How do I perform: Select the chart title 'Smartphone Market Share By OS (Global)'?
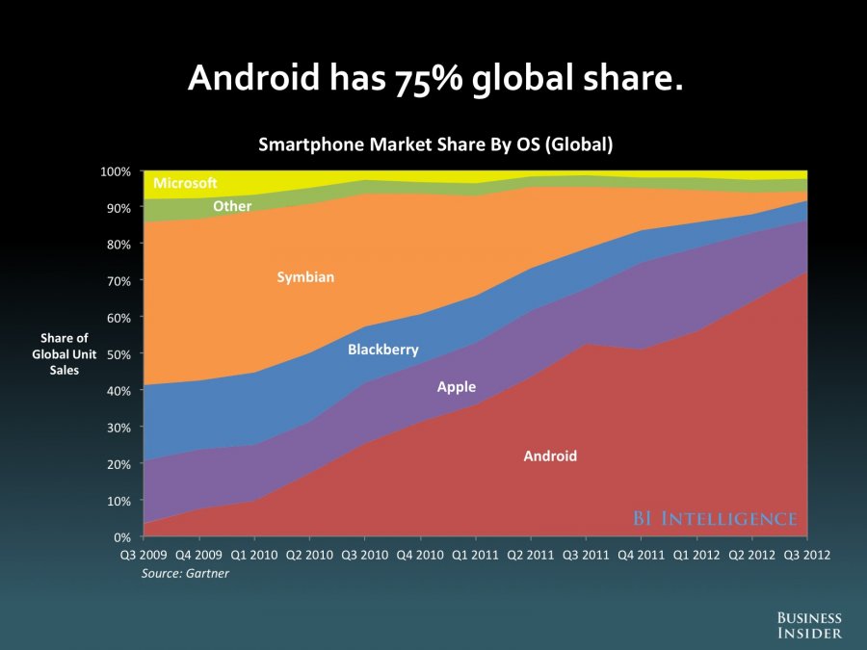pyautogui.click(x=435, y=145)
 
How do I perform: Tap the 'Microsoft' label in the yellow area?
pyautogui.click(x=185, y=183)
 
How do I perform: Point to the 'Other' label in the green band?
pyautogui.click(x=232, y=206)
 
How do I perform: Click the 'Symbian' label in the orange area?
pyautogui.click(x=305, y=277)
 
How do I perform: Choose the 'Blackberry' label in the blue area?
pyautogui.click(x=383, y=350)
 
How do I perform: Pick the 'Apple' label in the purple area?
pyautogui.click(x=457, y=387)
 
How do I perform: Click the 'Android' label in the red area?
pyautogui.click(x=550, y=456)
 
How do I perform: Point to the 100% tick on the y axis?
pyautogui.click(x=118, y=171)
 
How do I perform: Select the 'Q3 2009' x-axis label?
pyautogui.click(x=143, y=556)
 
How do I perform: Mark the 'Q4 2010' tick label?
pyautogui.click(x=420, y=556)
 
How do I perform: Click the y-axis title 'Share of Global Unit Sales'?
pyautogui.click(x=64, y=354)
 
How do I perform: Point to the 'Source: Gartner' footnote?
pyautogui.click(x=185, y=573)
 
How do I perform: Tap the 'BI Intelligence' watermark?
pyautogui.click(x=715, y=519)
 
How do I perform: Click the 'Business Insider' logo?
pyautogui.click(x=809, y=625)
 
